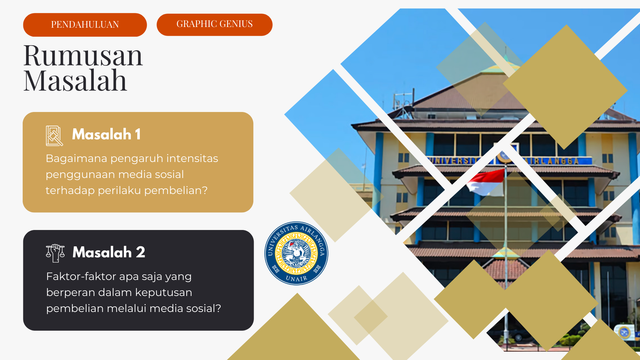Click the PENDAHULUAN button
click(85, 25)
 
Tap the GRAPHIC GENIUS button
click(214, 24)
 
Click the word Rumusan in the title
click(83, 55)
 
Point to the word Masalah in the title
click(75, 81)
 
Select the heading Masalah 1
click(106, 134)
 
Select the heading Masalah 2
click(109, 252)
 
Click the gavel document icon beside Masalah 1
click(54, 136)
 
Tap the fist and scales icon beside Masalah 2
click(55, 253)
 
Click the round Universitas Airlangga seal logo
click(296, 253)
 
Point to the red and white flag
click(487, 182)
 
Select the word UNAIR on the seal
click(296, 279)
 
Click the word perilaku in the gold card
click(119, 191)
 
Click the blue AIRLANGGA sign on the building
click(553, 161)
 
